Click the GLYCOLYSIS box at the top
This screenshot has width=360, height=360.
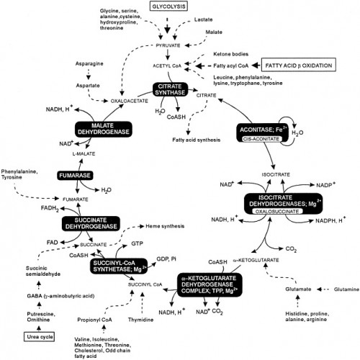168,6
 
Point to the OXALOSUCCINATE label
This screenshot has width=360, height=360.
279,212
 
